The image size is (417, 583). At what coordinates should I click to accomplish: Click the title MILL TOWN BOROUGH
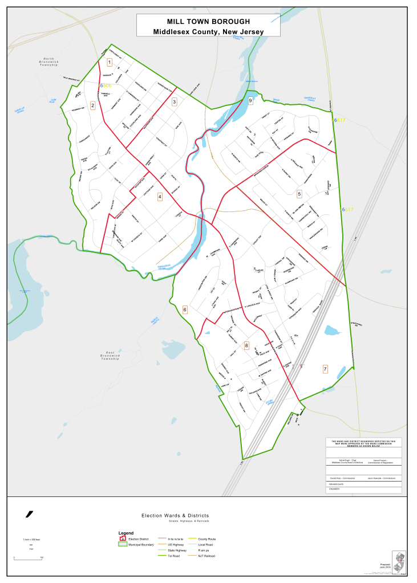point(208,21)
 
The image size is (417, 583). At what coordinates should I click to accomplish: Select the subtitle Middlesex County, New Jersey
point(208,31)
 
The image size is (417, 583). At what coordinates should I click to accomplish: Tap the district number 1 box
point(110,62)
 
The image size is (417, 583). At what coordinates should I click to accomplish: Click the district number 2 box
point(92,105)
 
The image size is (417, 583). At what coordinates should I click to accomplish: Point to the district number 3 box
point(174,101)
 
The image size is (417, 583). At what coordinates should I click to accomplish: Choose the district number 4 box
point(160,197)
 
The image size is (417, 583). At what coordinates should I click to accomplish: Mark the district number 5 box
point(299,194)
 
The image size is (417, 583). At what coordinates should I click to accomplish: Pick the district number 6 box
point(185,309)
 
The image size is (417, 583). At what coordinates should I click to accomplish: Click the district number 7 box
point(325,369)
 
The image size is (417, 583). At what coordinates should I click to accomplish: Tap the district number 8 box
point(246,345)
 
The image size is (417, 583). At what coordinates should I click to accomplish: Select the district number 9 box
point(250,101)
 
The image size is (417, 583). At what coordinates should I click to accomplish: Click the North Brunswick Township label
point(49,62)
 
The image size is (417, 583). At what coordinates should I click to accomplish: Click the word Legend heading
point(125,533)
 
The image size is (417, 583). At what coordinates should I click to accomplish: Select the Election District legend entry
point(139,539)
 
